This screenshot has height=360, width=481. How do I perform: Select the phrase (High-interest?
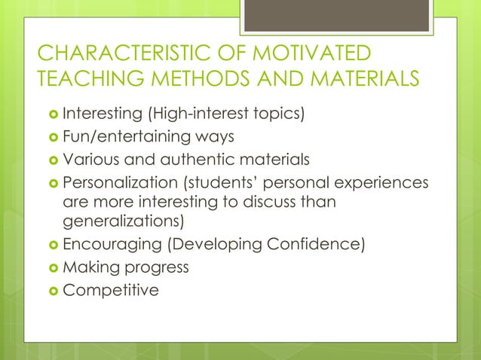[x=191, y=115]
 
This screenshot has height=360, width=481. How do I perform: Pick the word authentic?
[x=194, y=160]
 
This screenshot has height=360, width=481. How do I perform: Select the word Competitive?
[x=111, y=290]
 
